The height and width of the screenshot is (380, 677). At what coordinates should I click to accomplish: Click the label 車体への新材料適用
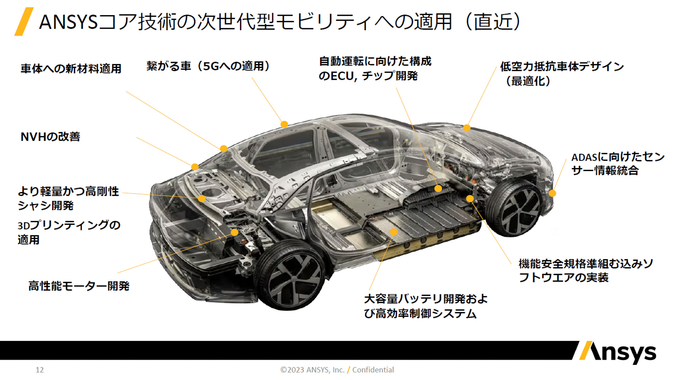71,68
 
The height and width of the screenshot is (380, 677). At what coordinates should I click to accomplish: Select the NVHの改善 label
50,137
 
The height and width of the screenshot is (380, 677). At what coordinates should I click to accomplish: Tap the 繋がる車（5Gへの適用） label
208,66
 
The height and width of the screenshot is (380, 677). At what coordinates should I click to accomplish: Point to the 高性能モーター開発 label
79,286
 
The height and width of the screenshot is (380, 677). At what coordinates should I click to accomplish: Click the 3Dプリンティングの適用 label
69,232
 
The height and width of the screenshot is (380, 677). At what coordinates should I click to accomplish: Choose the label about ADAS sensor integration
617,164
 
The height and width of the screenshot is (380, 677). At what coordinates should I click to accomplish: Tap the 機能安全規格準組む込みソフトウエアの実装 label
586,270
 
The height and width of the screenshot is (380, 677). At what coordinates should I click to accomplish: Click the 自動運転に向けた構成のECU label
375,69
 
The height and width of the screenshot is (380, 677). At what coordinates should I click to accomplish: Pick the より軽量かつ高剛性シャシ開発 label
68,198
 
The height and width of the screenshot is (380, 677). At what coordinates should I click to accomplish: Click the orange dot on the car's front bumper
553,193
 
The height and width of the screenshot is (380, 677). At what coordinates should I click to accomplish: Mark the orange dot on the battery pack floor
394,232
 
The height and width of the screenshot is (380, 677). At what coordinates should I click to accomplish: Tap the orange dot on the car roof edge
284,124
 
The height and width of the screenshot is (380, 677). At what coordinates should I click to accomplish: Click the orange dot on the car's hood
466,128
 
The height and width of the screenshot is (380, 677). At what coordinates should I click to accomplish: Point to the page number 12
39,370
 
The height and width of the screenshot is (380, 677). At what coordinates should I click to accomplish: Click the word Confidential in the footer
373,370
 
